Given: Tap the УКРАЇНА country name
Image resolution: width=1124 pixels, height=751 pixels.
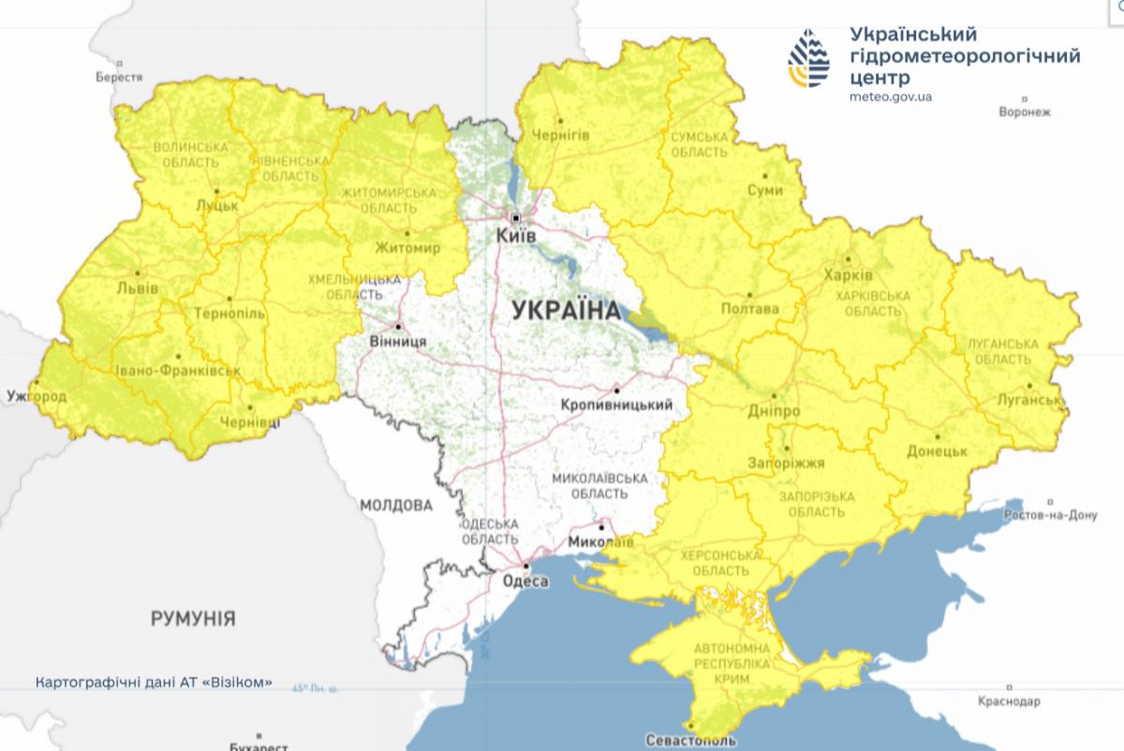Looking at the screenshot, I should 566,311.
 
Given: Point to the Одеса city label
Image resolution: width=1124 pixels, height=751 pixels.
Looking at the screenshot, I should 525,582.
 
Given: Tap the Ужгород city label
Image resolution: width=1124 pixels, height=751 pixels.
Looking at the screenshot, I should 35,397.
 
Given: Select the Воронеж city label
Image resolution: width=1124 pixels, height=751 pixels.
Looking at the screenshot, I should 1025,111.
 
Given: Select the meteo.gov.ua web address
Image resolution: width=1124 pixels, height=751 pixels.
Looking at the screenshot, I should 891,96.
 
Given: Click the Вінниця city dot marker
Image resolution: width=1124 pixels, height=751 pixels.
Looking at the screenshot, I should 399,327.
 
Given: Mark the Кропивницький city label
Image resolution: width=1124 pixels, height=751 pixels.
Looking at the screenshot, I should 617,405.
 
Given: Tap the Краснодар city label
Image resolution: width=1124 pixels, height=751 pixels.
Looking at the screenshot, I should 1008,701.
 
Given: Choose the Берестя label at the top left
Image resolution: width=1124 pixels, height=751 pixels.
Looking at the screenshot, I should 119,78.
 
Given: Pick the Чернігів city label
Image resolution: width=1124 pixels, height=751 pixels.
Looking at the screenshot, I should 559,135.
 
